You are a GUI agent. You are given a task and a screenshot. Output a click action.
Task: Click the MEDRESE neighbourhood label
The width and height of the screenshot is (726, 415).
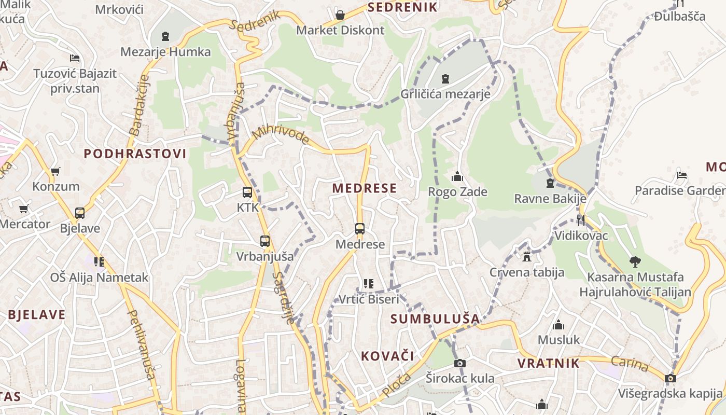(x=364, y=188)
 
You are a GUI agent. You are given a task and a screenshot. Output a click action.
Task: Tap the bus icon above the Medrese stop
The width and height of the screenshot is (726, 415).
(x=359, y=229)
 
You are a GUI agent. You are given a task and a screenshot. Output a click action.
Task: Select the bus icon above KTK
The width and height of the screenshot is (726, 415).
(x=247, y=192)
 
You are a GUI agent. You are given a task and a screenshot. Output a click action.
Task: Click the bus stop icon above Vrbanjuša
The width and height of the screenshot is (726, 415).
(x=264, y=241)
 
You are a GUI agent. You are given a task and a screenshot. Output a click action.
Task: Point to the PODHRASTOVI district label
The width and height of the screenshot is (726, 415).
(x=135, y=154)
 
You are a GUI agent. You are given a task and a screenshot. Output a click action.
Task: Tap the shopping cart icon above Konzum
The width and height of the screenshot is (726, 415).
(x=55, y=171)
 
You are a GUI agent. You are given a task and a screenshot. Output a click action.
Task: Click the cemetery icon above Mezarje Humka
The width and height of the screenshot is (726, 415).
(x=165, y=36)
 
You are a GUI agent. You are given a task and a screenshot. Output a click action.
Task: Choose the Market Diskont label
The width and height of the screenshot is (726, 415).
(x=340, y=30)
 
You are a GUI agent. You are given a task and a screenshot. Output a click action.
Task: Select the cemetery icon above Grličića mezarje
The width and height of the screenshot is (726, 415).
(x=445, y=79)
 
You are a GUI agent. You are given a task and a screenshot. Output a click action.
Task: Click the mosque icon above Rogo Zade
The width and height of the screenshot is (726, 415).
(x=457, y=177)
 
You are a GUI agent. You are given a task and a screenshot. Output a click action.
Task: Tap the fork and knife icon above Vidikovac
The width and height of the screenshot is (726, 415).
(x=580, y=220)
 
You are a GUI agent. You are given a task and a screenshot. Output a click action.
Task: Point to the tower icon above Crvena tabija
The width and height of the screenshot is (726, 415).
(x=527, y=257)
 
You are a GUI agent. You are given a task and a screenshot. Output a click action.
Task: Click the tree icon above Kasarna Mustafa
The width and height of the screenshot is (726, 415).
(x=635, y=261)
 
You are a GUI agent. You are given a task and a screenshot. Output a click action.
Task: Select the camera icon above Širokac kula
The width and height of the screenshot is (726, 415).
(x=459, y=363)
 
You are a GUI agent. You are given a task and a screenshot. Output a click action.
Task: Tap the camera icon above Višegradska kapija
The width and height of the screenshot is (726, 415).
(x=671, y=378)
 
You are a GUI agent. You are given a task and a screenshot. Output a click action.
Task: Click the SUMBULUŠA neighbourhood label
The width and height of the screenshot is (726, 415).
(x=435, y=319)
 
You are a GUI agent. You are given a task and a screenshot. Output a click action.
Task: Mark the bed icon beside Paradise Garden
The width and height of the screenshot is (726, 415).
(x=682, y=175)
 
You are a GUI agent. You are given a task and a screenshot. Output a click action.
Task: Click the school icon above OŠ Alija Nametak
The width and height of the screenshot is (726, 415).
(x=99, y=262)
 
